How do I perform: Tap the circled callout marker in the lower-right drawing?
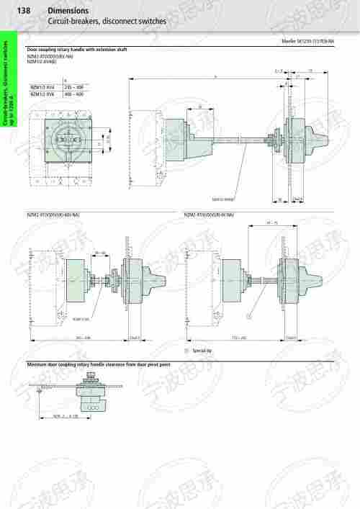coord(248,315)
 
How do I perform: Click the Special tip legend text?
coord(201,349)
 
